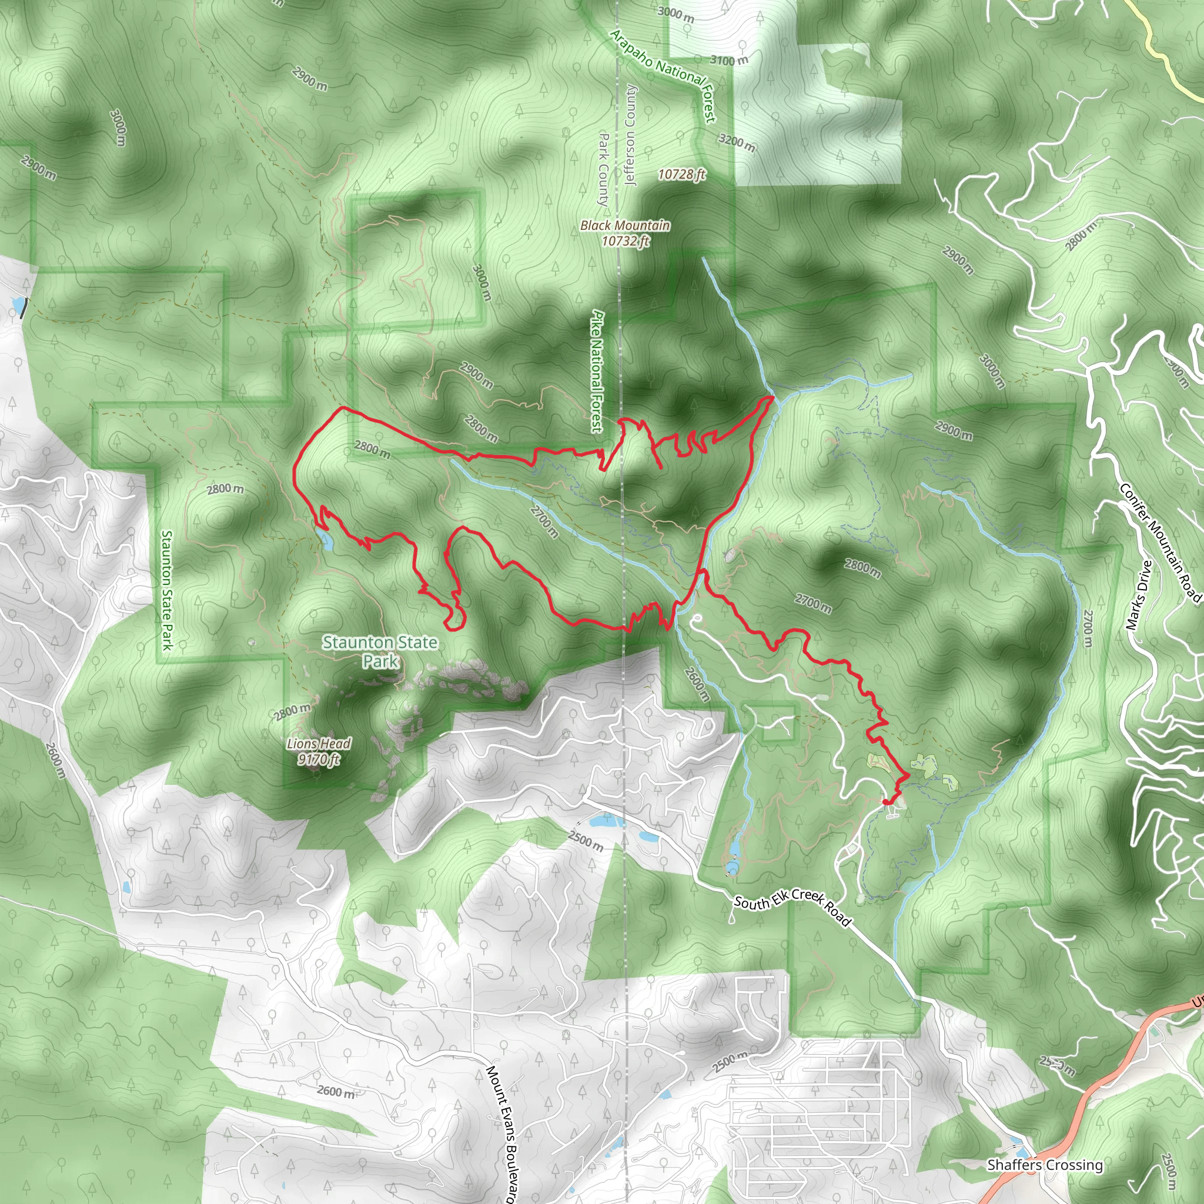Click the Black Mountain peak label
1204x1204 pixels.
point(625,225)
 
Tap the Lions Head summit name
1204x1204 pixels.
point(319,744)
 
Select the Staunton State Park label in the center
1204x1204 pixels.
point(380,651)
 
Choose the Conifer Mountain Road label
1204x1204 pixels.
point(1160,543)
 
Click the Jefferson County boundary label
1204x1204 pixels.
point(631,136)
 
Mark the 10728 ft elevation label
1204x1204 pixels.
point(682,174)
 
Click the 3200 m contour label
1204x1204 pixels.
point(737,143)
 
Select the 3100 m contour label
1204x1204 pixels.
point(729,60)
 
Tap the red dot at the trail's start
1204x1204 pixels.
point(885,802)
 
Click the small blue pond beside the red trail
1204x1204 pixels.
point(325,540)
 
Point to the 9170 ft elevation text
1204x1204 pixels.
point(319,758)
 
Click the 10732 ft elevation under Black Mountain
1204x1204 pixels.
point(626,240)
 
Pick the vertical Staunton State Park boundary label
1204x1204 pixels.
point(167,590)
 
